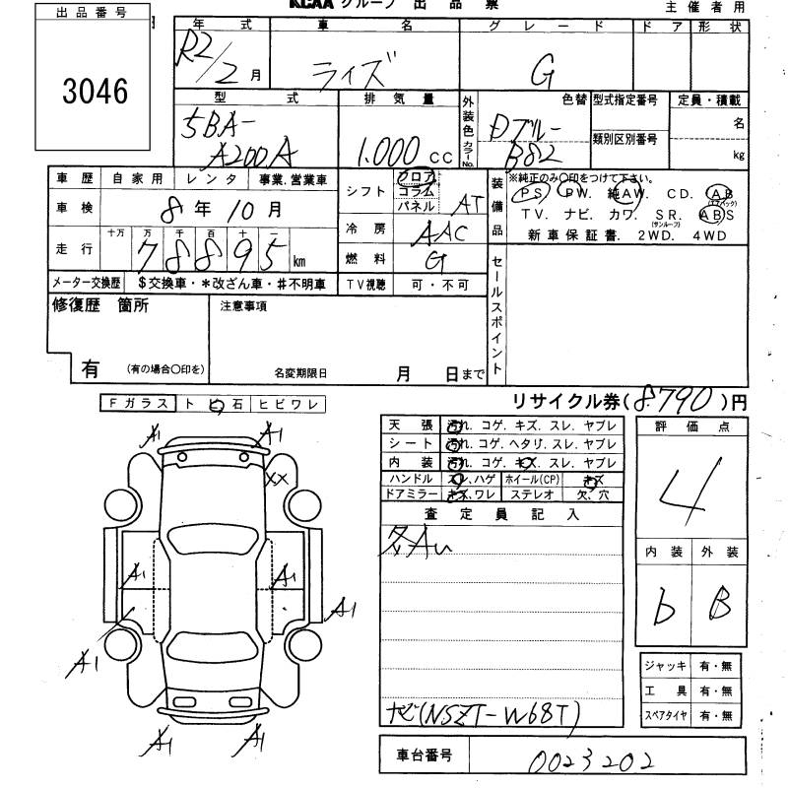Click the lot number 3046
(x=97, y=92)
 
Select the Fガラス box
(x=136, y=403)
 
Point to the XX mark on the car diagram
(x=278, y=478)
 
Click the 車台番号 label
(x=424, y=756)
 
